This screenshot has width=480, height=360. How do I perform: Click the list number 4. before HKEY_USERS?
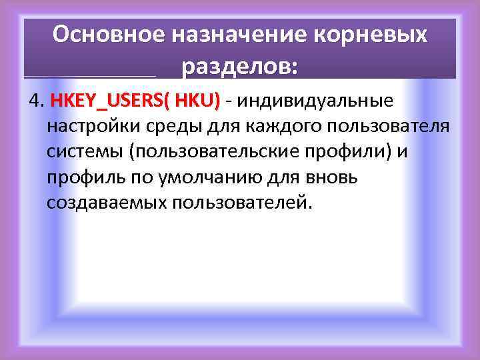point(36,101)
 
